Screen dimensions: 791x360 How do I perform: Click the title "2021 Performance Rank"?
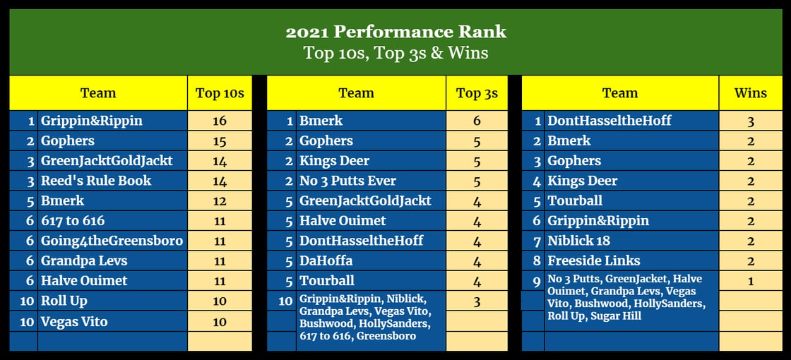point(396,32)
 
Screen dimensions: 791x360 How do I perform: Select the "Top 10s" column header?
point(220,93)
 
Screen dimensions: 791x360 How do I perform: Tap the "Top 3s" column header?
point(477,93)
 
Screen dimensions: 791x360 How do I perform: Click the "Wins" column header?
point(751,92)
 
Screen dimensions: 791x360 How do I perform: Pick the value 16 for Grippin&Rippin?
point(220,121)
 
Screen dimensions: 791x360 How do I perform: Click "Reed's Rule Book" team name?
point(96,181)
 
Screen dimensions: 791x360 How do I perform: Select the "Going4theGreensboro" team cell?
point(112,241)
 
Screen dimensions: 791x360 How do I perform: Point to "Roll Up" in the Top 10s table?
point(64,301)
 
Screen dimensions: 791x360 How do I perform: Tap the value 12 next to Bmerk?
point(220,201)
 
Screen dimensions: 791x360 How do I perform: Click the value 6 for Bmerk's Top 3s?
point(477,121)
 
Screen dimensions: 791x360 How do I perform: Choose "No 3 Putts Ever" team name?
point(347,181)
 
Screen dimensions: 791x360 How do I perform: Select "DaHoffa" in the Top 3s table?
point(326,260)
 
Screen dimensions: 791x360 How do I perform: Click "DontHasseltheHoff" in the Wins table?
point(609,121)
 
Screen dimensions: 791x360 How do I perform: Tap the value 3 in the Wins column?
point(751,121)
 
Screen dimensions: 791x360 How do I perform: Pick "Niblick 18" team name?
point(578,241)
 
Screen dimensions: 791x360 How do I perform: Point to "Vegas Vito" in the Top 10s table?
point(74,321)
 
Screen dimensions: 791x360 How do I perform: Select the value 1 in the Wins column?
point(751,282)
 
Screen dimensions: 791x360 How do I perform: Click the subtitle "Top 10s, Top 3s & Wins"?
point(396,53)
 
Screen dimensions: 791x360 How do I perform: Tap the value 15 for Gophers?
point(220,141)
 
